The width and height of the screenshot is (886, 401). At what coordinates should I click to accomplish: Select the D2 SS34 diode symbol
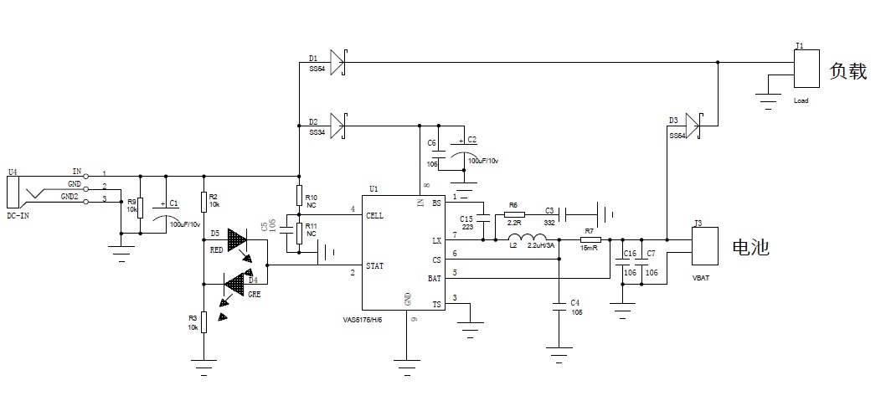[337, 126]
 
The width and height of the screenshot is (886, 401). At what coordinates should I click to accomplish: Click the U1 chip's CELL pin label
[375, 215]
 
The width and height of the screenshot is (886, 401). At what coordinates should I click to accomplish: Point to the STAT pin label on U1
[375, 265]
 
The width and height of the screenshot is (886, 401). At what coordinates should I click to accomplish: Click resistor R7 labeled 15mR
[590, 240]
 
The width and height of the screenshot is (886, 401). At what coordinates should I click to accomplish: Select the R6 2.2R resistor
[515, 215]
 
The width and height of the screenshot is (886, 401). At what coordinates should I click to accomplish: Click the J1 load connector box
[806, 68]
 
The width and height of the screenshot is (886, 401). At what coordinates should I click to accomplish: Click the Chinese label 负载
[847, 71]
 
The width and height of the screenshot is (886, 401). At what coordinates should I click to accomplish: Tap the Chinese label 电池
[750, 248]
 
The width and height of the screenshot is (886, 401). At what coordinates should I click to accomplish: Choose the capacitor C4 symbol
[559, 307]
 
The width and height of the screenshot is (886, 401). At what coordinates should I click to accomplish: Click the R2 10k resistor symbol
[203, 202]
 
